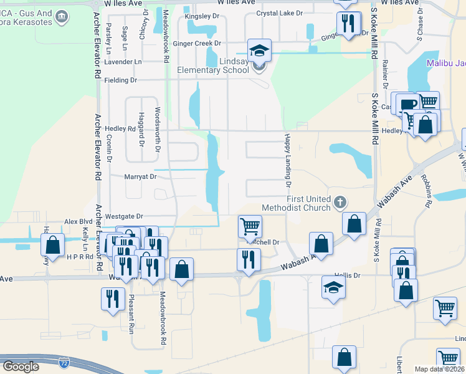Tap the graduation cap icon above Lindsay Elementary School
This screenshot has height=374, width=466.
click(x=260, y=50)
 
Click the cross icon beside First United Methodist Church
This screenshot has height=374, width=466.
click(x=340, y=202)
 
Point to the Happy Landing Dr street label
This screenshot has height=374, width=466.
click(x=288, y=160)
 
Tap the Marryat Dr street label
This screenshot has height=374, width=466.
click(x=140, y=176)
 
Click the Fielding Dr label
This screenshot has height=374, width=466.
click(x=120, y=80)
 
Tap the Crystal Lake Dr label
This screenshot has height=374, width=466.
click(x=279, y=13)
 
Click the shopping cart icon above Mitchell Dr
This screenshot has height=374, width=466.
click(x=250, y=226)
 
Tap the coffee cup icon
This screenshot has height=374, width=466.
click(x=408, y=103)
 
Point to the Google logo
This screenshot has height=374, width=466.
click(x=21, y=366)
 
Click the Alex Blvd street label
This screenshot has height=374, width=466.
click(x=78, y=221)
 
